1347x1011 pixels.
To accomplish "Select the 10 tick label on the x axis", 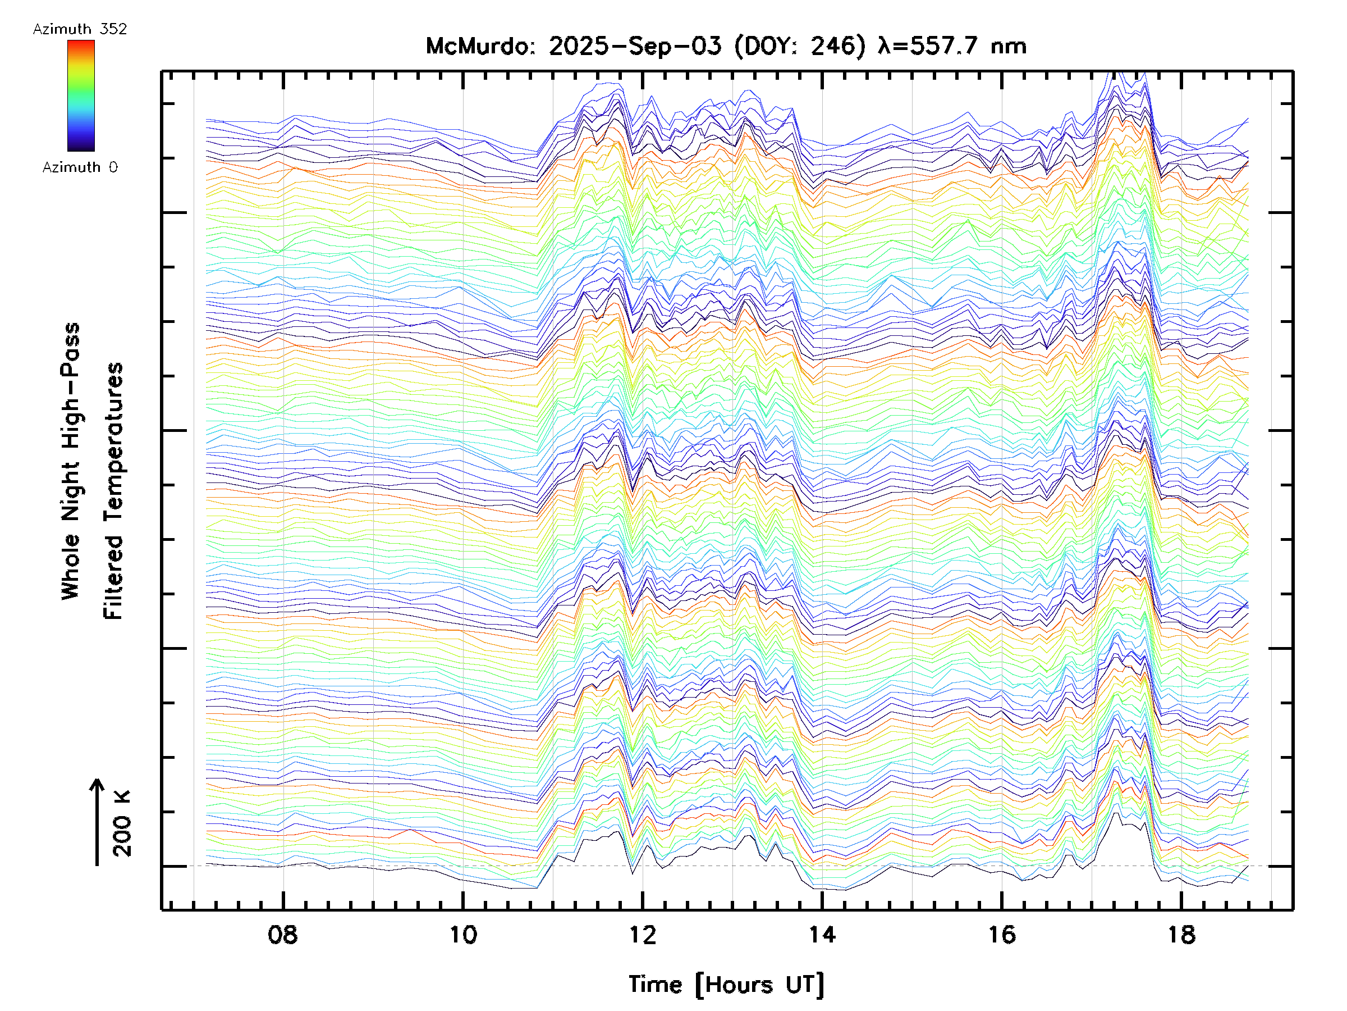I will [463, 934].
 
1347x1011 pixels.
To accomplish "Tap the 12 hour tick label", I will [643, 934].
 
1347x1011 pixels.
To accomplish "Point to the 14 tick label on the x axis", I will [822, 934].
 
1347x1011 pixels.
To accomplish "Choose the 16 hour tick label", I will [1002, 934].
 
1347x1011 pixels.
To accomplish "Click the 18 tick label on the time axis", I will [1181, 934].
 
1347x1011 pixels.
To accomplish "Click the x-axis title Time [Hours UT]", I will [726, 985].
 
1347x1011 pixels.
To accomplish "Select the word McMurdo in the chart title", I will [479, 46].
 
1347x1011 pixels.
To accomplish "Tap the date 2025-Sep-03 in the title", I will [635, 46].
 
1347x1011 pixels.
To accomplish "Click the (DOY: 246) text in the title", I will [800, 46].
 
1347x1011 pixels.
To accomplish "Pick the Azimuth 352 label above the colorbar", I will [80, 29].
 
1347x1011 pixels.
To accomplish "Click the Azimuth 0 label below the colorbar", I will [80, 167].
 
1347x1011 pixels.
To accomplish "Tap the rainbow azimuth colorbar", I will [81, 95].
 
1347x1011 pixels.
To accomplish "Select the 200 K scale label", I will [122, 824].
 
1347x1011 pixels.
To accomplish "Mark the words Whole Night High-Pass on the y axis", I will [71, 461].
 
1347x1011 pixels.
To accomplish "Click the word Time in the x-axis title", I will [655, 985].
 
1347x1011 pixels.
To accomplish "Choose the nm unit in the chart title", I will [1009, 46].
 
